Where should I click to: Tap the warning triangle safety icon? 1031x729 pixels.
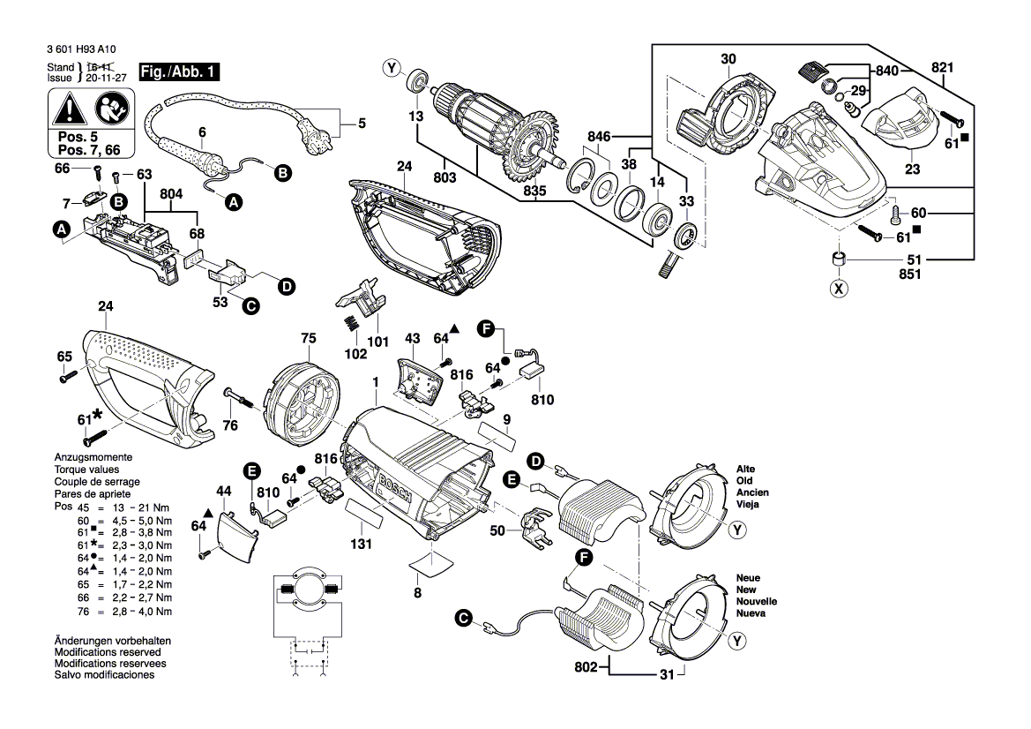coord(68,110)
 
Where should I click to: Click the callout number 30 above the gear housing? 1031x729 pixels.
coord(728,59)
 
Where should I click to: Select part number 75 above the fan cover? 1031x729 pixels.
coord(308,337)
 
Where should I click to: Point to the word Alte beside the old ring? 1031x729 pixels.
coord(746,469)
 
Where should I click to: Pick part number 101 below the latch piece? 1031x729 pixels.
coord(377,341)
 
